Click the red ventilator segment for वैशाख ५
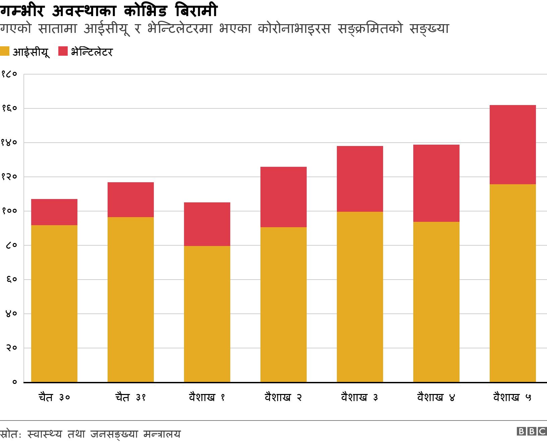click(x=512, y=145)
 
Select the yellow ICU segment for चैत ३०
click(x=54, y=303)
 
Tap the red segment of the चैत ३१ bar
click(x=131, y=200)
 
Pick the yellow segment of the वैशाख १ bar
click(x=207, y=314)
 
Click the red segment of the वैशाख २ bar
click(x=283, y=197)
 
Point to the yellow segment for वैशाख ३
click(x=360, y=297)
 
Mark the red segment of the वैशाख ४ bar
click(x=436, y=183)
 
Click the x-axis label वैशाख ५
click(x=512, y=398)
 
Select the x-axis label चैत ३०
click(x=54, y=398)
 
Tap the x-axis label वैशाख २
click(x=283, y=398)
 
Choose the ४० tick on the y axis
click(x=11, y=314)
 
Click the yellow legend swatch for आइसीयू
click(x=5, y=51)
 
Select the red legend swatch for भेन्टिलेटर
click(x=63, y=51)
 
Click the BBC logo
click(x=531, y=431)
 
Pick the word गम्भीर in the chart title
click(x=23, y=11)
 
